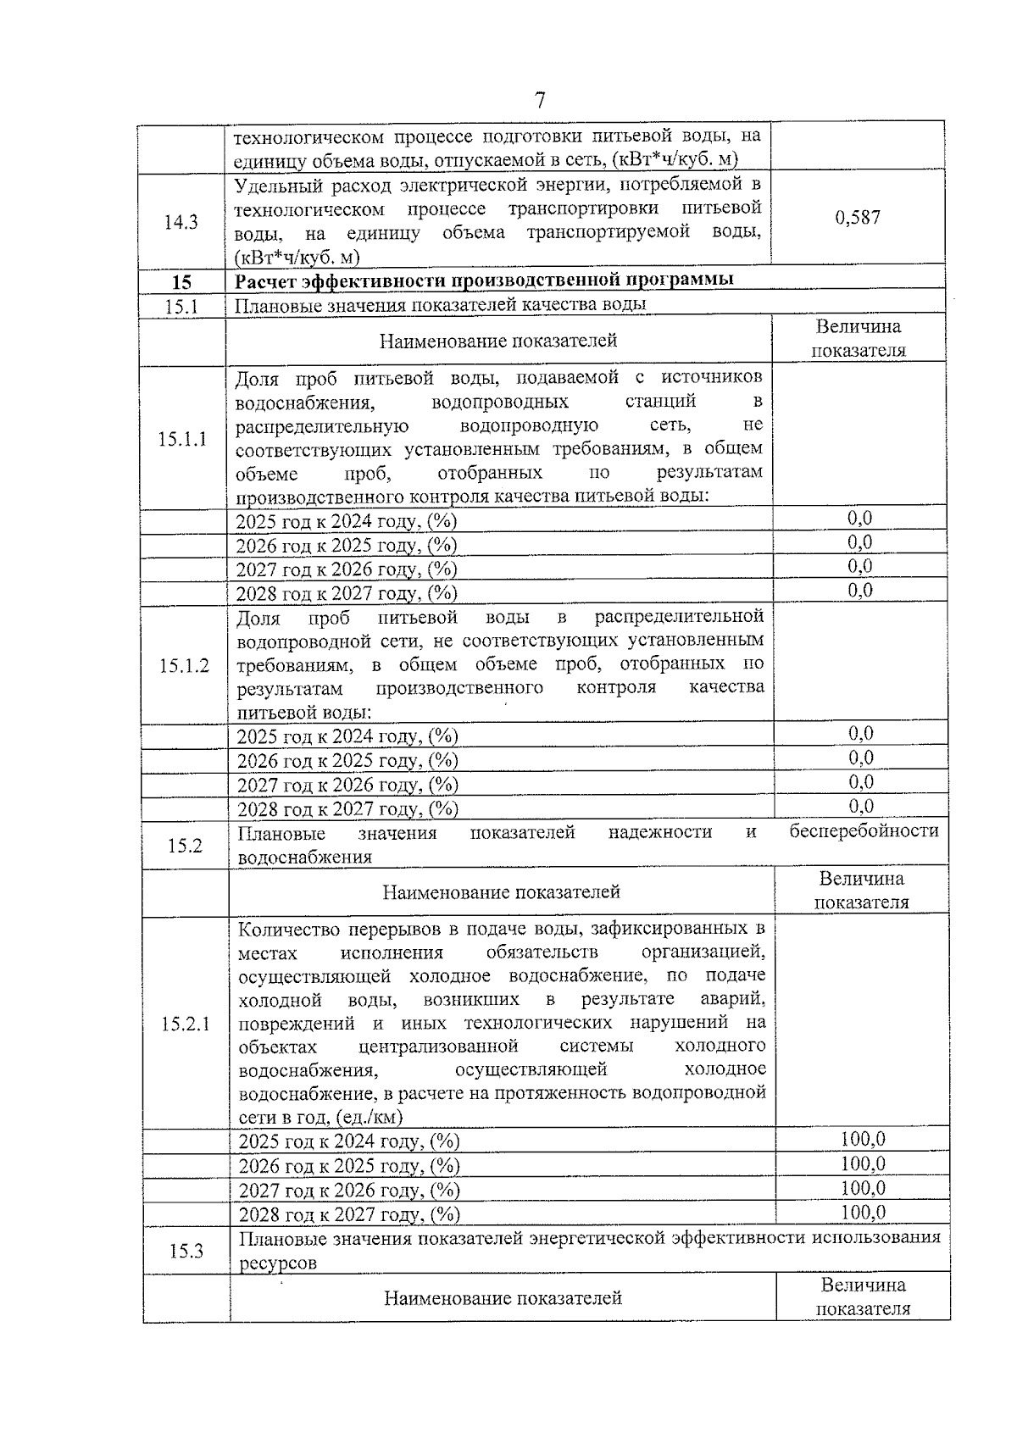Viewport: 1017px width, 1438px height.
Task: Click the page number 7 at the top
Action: tap(540, 101)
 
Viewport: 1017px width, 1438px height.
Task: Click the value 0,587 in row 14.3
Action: tap(858, 218)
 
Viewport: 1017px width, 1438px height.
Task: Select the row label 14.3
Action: tap(181, 222)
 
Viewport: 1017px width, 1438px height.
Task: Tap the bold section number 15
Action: tap(181, 282)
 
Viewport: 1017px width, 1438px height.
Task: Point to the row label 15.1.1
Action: tap(182, 439)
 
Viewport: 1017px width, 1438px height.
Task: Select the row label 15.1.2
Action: tap(184, 666)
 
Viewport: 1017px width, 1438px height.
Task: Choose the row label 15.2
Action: tap(185, 846)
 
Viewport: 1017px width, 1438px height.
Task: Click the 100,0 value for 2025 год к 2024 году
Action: tap(863, 1139)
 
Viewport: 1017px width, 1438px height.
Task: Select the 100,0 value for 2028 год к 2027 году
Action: tap(863, 1213)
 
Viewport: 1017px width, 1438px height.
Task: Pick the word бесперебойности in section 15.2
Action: tap(864, 831)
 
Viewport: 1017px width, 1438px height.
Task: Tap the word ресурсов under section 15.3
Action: tap(277, 1263)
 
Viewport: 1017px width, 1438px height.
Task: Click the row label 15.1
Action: tap(181, 306)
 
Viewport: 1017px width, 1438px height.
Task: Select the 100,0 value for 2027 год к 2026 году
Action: tap(863, 1188)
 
